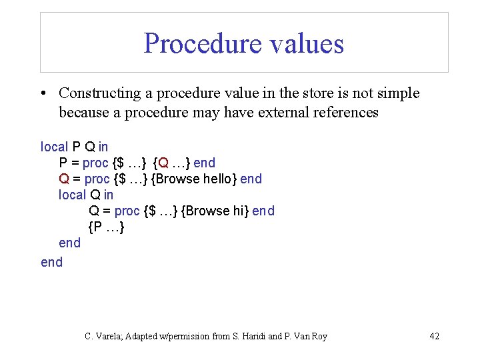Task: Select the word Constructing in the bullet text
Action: [100, 93]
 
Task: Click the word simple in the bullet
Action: [397, 93]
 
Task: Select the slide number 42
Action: [434, 336]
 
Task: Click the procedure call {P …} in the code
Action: [107, 227]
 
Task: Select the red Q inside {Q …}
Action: [164, 163]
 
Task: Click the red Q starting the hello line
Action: [64, 179]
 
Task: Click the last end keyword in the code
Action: [51, 262]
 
